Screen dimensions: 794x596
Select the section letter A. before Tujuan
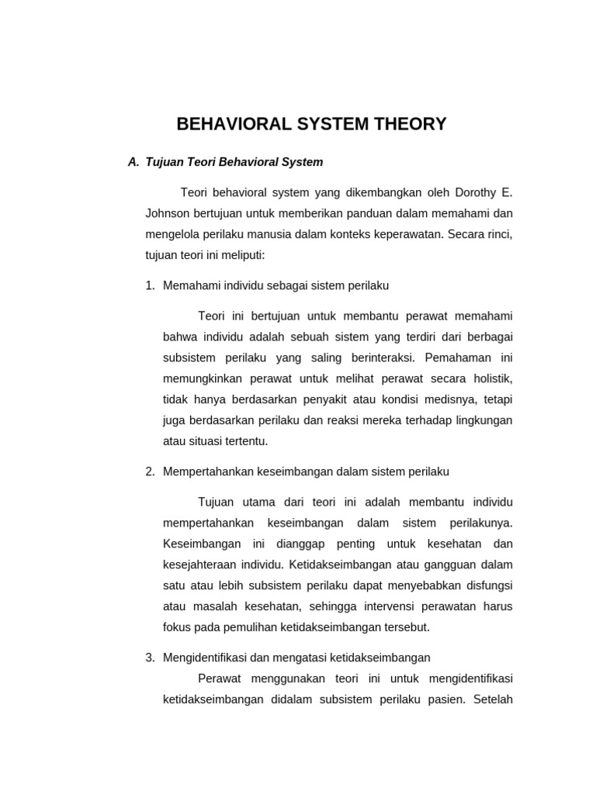click(x=133, y=162)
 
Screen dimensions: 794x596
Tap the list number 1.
click(x=150, y=285)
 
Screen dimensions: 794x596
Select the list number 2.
click(x=150, y=471)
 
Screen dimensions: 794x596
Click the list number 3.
click(x=150, y=658)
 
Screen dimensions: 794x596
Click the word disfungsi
click(x=487, y=585)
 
